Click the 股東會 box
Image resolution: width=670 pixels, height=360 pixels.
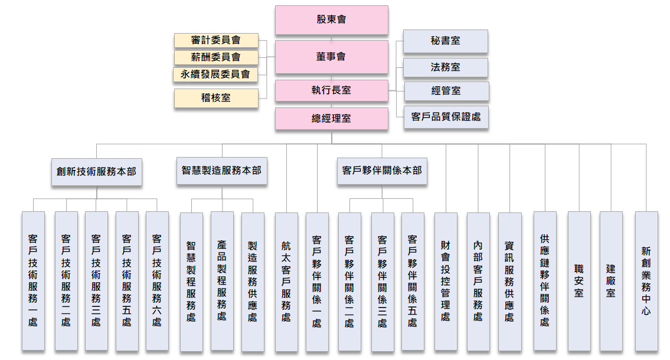click(x=331, y=20)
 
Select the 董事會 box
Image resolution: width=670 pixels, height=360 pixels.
click(x=331, y=57)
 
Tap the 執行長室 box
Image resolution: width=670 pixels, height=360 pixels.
click(x=331, y=90)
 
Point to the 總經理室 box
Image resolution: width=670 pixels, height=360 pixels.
click(x=331, y=118)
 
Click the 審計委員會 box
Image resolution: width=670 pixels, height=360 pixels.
click(x=216, y=40)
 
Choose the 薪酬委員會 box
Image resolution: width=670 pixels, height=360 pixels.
click(x=216, y=57)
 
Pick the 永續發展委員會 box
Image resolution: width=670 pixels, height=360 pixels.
click(x=216, y=74)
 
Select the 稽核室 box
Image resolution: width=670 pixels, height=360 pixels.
click(x=216, y=98)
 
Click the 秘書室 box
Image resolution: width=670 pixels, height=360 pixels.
click(x=446, y=41)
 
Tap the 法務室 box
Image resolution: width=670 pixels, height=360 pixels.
click(x=446, y=67)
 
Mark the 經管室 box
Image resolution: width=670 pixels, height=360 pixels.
click(x=446, y=91)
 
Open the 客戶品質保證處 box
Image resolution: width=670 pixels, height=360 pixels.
click(x=446, y=117)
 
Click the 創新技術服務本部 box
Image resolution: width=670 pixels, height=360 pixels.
click(x=96, y=172)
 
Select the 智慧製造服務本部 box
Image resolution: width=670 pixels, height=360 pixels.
click(x=221, y=171)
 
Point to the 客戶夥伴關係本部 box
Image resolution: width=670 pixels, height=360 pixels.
click(x=382, y=171)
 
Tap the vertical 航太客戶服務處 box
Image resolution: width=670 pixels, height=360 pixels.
click(x=286, y=282)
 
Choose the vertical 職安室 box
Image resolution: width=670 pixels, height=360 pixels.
click(x=579, y=281)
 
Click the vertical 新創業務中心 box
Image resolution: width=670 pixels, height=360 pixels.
click(x=646, y=281)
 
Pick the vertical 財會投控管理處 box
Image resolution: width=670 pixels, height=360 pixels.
click(x=446, y=281)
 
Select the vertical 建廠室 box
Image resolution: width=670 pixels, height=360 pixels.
click(x=611, y=281)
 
